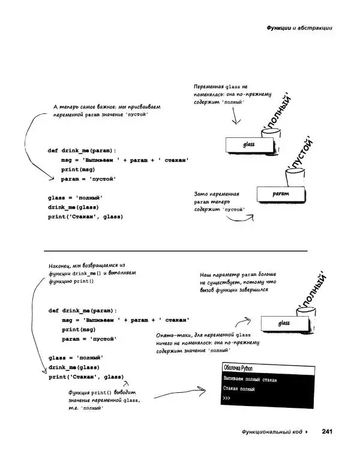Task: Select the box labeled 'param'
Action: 281,194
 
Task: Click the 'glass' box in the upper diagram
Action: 249,145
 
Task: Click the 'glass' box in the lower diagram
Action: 284,323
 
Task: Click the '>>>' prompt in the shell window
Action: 226,399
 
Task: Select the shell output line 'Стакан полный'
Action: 239,389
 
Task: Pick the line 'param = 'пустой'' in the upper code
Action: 89,179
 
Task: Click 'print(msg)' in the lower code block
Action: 79,329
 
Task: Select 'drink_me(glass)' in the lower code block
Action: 74,367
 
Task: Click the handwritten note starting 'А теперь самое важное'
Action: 106,110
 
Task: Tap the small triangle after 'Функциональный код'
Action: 307,431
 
